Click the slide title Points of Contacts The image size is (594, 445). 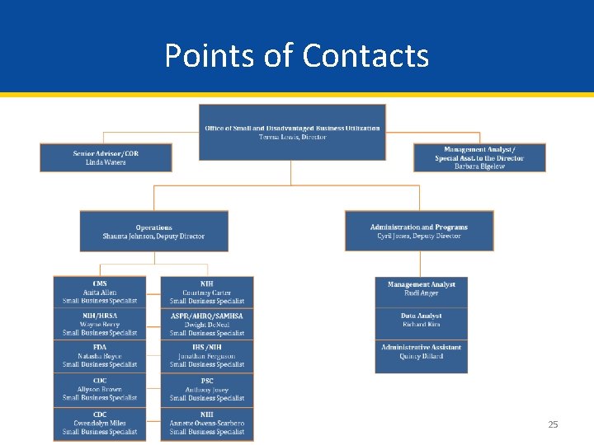296,56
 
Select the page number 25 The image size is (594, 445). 553,424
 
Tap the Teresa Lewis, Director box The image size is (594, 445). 292,132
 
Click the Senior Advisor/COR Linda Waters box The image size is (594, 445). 106,157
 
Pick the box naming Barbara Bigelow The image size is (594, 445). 479,157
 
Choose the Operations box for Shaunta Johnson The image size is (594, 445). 153,232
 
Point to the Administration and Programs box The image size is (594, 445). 418,232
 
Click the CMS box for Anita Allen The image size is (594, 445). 100,293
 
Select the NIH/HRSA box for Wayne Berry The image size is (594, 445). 100,325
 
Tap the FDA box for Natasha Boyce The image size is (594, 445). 100,356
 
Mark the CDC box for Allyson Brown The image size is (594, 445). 100,390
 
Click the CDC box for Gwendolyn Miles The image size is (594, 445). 100,424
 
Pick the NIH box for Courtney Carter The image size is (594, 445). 207,293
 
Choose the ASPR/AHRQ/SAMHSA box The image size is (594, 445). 207,325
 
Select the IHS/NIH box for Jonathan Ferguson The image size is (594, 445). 207,356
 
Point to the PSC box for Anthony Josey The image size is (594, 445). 207,390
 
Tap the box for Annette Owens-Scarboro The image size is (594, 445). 207,424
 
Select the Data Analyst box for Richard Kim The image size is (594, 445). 421,321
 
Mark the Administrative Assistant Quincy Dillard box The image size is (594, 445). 421,352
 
